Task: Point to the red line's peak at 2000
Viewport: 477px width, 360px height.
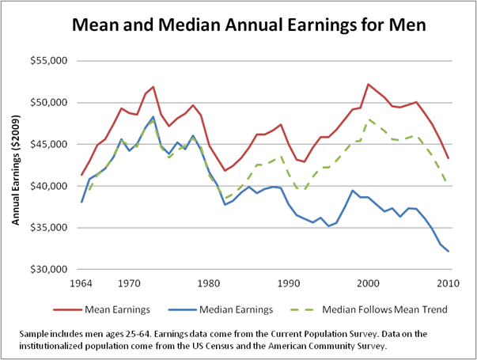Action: click(368, 84)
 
